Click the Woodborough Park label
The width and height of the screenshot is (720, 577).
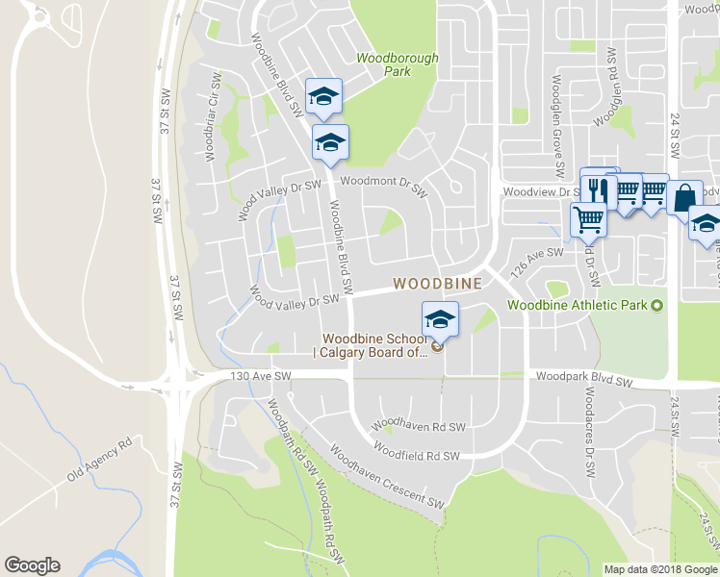398,64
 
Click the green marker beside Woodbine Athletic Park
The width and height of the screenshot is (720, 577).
657,306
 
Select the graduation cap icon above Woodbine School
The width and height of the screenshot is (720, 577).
440,317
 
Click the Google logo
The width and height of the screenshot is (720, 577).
32,565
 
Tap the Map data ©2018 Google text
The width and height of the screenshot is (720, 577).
660,569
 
